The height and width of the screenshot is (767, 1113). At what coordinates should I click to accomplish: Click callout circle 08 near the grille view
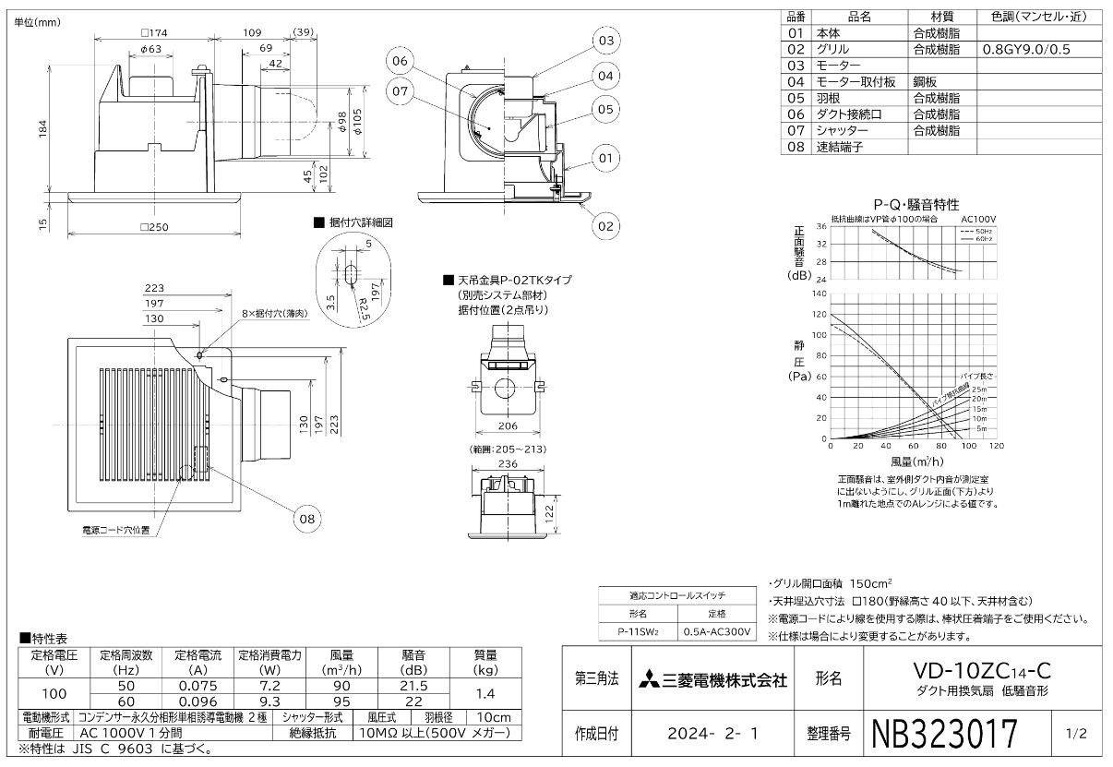coord(309,519)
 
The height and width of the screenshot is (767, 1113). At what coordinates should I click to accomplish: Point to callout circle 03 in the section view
coord(605,41)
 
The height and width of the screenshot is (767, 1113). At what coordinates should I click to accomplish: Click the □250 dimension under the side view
coord(153,227)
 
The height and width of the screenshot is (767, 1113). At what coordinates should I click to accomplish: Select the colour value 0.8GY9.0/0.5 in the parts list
coord(1026,48)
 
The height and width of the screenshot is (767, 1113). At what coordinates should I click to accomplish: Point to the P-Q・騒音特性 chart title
coord(916,204)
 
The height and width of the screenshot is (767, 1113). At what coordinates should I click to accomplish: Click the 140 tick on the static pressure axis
coord(820,294)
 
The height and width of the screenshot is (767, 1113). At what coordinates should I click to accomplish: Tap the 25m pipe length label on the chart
coord(979,389)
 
